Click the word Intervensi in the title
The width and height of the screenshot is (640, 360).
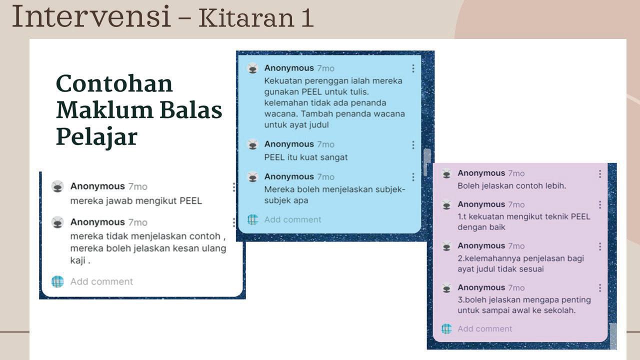point(91,16)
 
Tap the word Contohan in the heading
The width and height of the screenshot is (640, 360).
point(114,83)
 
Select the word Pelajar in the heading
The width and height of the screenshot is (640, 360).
point(96,136)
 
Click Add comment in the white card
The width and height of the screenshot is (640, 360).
point(101,281)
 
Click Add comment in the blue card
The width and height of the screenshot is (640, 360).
point(292,219)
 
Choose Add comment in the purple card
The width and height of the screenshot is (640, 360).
point(484,329)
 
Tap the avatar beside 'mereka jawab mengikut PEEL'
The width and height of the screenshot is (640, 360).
point(57,186)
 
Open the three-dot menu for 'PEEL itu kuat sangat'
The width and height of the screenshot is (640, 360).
point(413,145)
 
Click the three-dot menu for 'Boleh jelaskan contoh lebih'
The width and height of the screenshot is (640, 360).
point(600,173)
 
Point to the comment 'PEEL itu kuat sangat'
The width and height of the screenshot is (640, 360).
point(305,157)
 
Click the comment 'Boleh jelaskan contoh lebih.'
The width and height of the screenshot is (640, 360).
point(511,186)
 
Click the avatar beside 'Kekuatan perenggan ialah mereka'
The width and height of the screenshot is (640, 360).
point(252,68)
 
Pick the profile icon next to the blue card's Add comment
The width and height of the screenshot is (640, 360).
point(253,219)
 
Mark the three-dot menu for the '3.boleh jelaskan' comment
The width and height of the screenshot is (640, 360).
point(600,287)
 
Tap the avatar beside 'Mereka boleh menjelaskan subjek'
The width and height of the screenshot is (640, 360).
point(252,177)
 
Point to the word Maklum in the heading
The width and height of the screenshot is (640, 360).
point(104,110)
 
